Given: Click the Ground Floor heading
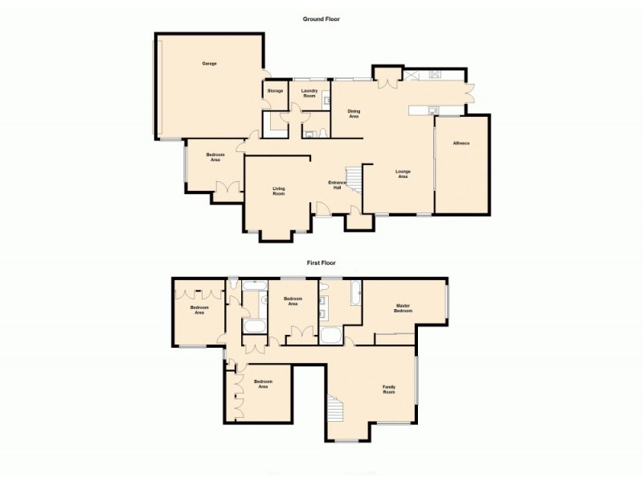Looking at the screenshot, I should (321, 19).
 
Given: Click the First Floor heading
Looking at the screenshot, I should (321, 262).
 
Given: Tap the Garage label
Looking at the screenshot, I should (210, 64).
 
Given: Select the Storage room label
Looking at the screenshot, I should (276, 91).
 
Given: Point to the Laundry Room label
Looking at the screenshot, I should (310, 93).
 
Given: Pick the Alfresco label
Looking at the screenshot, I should (461, 143).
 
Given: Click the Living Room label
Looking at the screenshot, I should (278, 192).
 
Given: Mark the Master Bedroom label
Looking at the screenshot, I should (403, 308).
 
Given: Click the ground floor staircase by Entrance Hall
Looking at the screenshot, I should (353, 178).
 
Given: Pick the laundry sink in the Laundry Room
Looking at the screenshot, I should (326, 101).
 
